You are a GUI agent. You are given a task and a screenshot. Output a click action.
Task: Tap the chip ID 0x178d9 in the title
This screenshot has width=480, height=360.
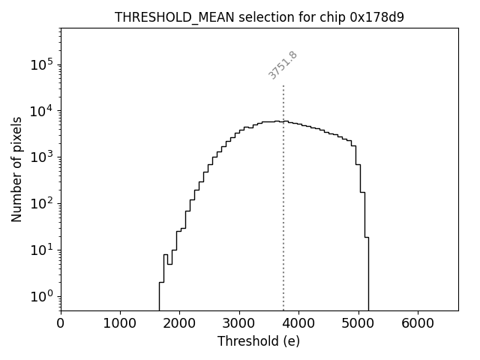[376, 17]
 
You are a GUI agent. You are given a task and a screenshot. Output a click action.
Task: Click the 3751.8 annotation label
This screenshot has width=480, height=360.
[283, 65]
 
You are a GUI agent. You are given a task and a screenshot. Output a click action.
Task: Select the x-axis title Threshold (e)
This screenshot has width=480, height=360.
[259, 341]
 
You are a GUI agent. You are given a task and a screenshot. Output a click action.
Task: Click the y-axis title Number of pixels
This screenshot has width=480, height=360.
[17, 169]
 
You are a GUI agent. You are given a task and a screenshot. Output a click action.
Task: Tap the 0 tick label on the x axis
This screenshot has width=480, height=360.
[61, 323]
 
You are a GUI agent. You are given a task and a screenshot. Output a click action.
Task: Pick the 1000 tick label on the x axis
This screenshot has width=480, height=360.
[120, 323]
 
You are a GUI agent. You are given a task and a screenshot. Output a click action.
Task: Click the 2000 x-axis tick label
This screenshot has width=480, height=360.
[180, 323]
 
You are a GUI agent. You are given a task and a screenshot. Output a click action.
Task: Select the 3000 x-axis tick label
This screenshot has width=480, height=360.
[239, 323]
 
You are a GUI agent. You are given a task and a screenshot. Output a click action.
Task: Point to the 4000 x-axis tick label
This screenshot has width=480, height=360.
[298, 323]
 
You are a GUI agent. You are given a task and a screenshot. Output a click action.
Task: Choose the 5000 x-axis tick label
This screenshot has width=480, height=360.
[358, 323]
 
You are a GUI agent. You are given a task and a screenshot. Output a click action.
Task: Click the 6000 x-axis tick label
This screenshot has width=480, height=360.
[418, 323]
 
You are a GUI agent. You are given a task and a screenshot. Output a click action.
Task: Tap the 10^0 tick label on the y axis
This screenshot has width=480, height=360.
[42, 297]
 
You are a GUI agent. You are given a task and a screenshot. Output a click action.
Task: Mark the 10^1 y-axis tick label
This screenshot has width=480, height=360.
[42, 250]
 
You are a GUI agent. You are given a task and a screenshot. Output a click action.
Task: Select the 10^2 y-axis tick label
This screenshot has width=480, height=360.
[42, 204]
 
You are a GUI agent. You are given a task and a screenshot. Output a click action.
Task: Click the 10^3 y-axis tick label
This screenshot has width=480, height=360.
[42, 157]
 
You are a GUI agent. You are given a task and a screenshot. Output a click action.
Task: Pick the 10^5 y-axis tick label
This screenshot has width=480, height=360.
[42, 65]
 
